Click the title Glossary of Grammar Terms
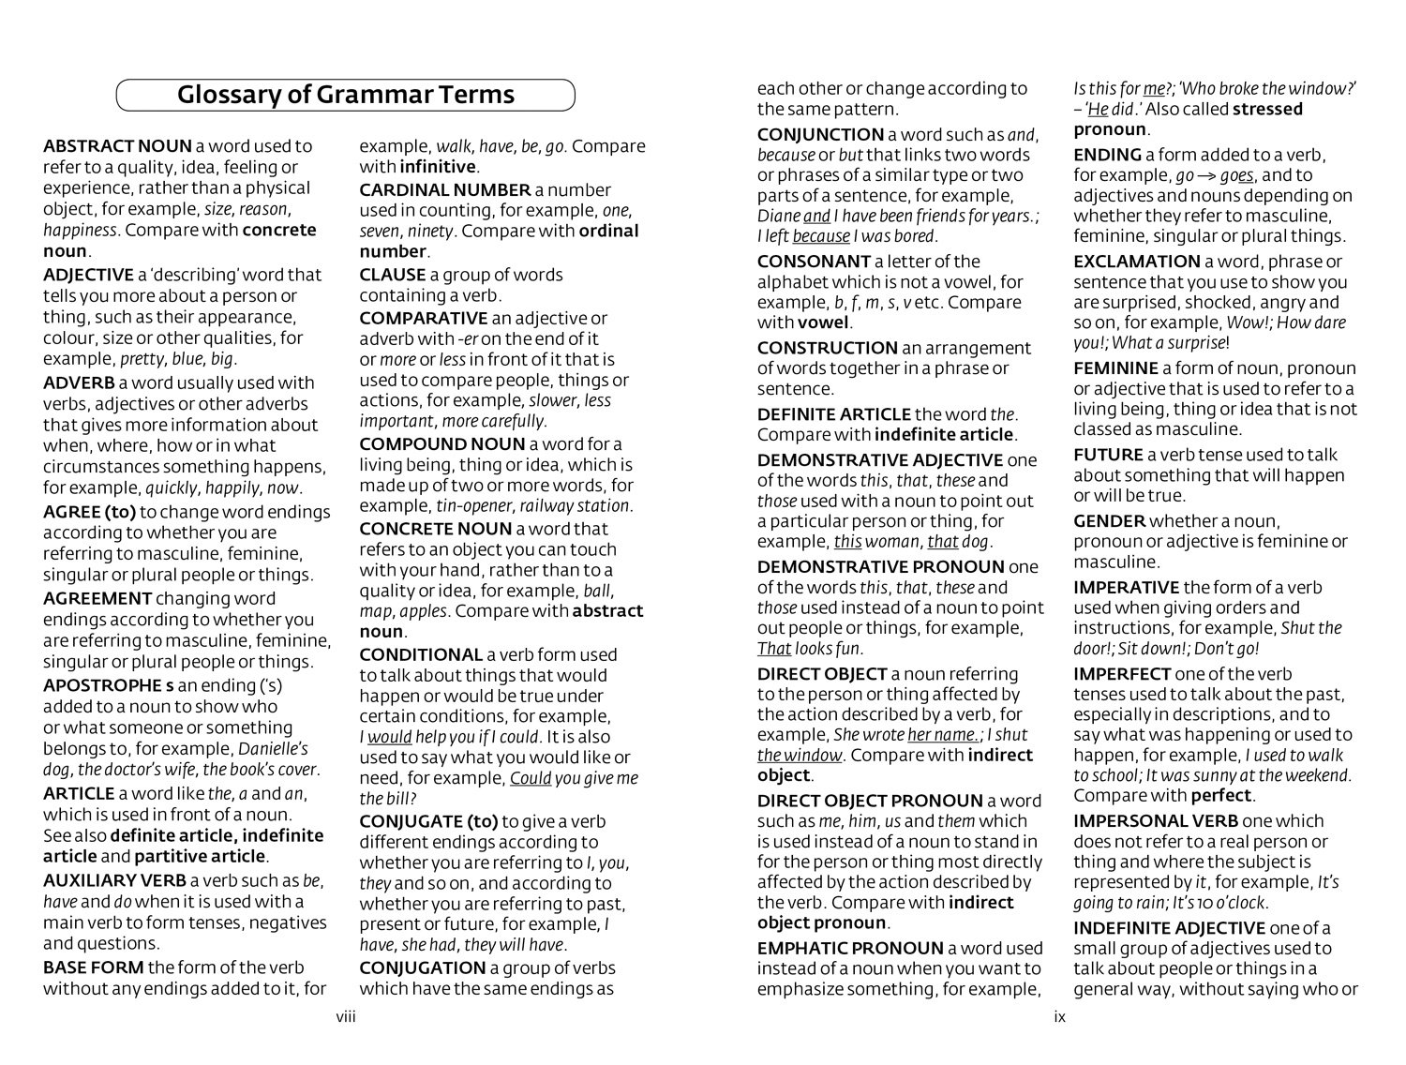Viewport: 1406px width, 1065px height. point(346,95)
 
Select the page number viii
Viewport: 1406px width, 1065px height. point(346,1017)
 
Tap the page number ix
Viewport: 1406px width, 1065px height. point(1059,1017)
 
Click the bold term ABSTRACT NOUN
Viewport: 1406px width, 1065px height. point(117,146)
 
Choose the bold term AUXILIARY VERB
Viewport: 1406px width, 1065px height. point(114,881)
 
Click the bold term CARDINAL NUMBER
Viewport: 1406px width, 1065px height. point(445,190)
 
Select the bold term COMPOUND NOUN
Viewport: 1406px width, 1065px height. point(441,444)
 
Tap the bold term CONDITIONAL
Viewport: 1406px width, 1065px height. point(421,655)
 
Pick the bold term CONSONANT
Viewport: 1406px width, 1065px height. point(814,262)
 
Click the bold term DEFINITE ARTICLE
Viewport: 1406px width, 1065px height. point(834,414)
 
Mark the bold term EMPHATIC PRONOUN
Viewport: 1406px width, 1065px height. point(850,949)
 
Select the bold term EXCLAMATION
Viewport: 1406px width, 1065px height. point(1136,262)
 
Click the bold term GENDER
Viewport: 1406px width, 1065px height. point(1109,521)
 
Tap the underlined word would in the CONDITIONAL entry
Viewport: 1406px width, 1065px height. point(390,738)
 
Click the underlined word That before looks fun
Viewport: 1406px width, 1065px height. point(774,649)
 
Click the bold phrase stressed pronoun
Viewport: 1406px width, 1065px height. point(1110,129)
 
